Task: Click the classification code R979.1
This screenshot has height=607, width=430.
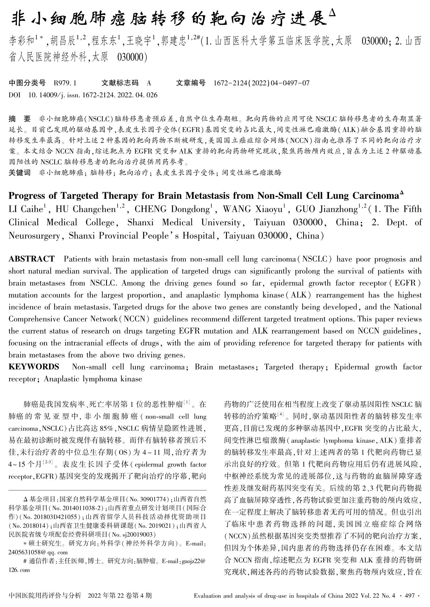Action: (65, 83)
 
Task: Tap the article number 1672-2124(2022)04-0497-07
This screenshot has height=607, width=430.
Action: (261, 83)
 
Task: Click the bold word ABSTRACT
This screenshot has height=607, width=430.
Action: (32, 259)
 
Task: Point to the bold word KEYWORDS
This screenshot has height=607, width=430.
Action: (34, 367)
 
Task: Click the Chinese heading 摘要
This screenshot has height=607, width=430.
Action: (20, 119)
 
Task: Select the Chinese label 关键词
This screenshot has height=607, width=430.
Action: (20, 172)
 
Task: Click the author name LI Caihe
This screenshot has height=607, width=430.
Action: (25, 209)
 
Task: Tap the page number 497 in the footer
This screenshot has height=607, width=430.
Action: (410, 595)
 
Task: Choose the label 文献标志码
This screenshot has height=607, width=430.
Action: (120, 83)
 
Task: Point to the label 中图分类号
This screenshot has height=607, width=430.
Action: (27, 83)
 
